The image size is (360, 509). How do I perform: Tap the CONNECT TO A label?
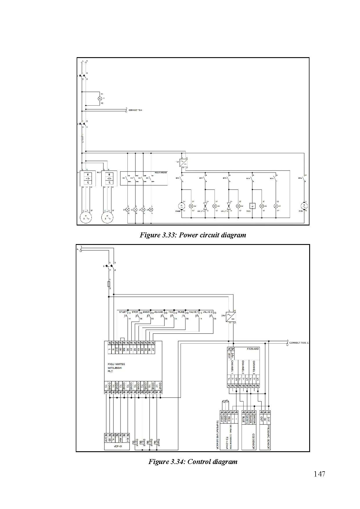tap(135, 110)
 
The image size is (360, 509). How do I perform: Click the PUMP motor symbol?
tap(182, 206)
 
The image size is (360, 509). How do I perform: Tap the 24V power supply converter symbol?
tap(231, 316)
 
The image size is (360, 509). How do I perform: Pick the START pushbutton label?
tap(123, 312)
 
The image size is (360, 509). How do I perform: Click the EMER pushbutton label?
tap(146, 312)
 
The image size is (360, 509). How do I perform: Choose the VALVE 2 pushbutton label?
tap(208, 312)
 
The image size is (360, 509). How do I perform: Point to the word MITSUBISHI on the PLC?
tap(115, 368)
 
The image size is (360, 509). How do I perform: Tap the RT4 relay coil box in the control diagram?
tap(156, 443)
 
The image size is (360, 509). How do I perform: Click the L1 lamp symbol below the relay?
tap(127, 209)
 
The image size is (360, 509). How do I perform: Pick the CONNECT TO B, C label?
tap(299, 343)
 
